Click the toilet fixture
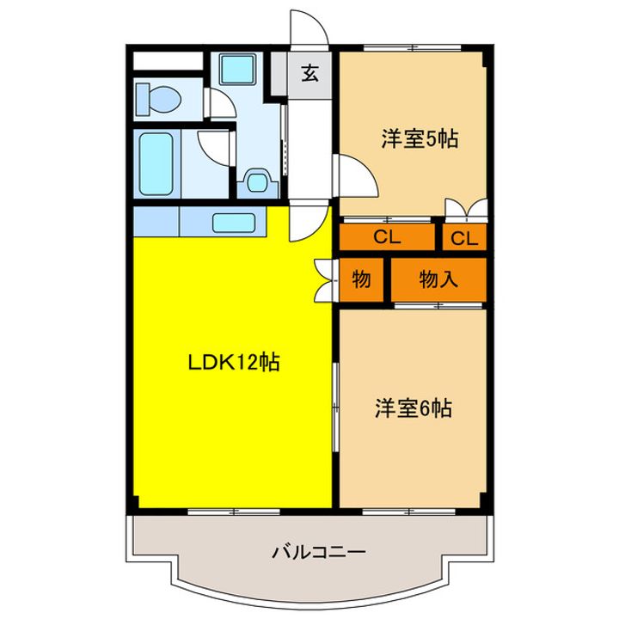coord(156,96)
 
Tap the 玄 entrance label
coord(309,73)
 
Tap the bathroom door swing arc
coord(213,146)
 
